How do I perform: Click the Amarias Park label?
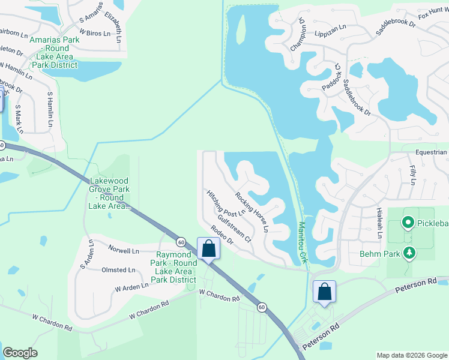pyautogui.click(x=55, y=53)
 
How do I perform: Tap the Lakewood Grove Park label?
pyautogui.click(x=110, y=193)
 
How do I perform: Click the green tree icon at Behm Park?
pyautogui.click(x=409, y=253)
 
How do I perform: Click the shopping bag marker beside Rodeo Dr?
pyautogui.click(x=208, y=248)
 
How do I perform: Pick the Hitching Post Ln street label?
pyautogui.click(x=226, y=203)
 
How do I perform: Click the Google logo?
pyautogui.click(x=20, y=353)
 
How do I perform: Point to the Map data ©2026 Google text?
pyautogui.click(x=411, y=355)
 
